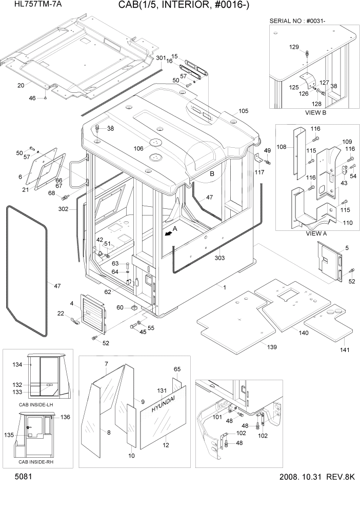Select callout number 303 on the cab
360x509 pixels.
tap(219, 258)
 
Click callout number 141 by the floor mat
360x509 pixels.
tap(344, 350)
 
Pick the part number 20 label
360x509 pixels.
tap(21, 85)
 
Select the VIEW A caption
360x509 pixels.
tap(316, 233)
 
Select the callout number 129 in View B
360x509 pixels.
tap(293, 47)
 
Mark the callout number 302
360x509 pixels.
tap(64, 209)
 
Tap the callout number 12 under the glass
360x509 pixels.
tap(165, 445)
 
